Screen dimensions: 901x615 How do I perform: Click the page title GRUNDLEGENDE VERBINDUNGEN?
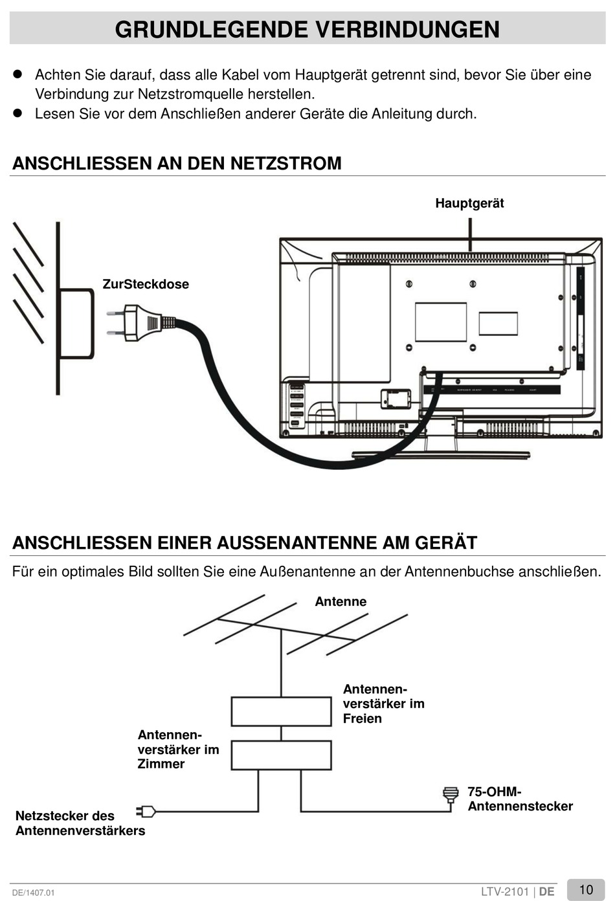tap(307, 30)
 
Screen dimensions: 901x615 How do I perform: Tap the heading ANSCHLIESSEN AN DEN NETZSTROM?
tap(177, 163)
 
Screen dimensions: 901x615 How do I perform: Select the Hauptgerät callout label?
tap(469, 203)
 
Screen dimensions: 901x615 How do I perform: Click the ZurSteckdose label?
tap(146, 284)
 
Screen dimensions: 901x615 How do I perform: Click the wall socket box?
tap(77, 324)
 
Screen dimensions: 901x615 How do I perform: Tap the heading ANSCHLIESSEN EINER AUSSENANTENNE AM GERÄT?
tap(245, 542)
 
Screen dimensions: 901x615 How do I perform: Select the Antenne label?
tap(341, 601)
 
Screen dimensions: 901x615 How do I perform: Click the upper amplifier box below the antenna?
tap(281, 711)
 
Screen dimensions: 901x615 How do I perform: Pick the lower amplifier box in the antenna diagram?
tap(281, 755)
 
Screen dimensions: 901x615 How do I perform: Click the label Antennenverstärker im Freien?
tap(383, 704)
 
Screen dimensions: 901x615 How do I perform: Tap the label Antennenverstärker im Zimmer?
tap(178, 749)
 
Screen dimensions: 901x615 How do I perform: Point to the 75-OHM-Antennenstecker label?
tap(520, 799)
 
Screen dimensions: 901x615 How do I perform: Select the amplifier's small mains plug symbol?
tap(146, 811)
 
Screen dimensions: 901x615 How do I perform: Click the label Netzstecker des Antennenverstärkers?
tap(80, 823)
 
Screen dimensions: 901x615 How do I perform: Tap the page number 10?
tap(586, 889)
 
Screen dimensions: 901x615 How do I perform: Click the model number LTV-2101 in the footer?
tap(505, 891)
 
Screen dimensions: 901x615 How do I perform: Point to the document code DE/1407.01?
tap(34, 893)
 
